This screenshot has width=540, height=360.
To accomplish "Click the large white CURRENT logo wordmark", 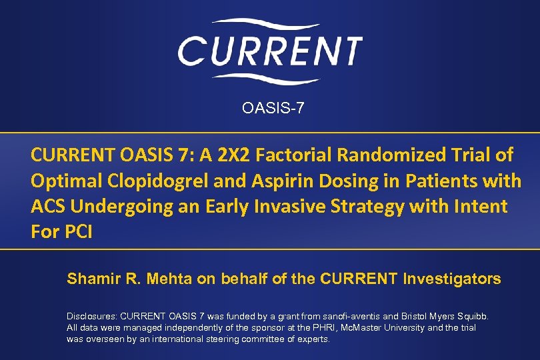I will click(269, 50).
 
